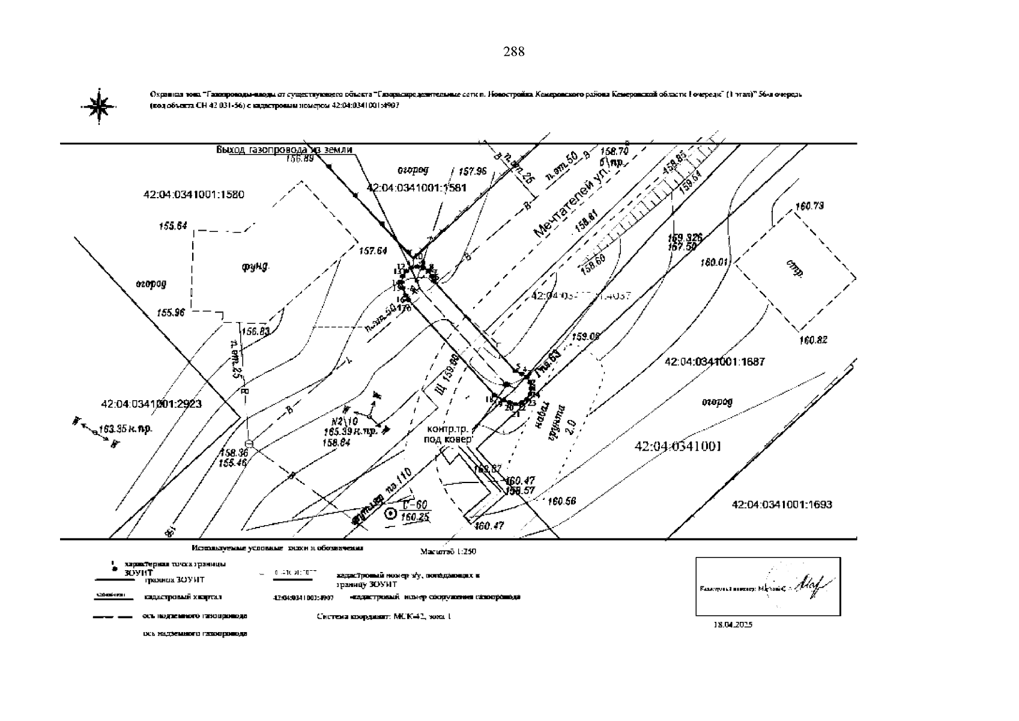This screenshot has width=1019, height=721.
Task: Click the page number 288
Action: tap(513, 52)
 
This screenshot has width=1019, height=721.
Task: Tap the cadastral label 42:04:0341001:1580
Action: tap(193, 195)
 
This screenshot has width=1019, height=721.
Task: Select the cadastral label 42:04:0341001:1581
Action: tap(416, 188)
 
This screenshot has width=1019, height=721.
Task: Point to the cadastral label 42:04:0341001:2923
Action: tap(151, 404)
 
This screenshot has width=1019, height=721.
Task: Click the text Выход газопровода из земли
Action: tap(284, 150)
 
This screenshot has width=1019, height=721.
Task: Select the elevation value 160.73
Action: tap(809, 207)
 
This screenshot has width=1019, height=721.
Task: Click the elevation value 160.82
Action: tap(813, 341)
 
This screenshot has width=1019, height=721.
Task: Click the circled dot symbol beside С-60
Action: tap(390, 514)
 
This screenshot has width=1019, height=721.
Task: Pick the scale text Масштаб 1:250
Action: tap(448, 551)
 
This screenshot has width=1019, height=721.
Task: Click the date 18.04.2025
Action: tap(733, 624)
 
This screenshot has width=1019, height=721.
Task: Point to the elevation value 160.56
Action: tap(562, 501)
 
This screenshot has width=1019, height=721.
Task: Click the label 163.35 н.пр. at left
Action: tap(125, 429)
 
